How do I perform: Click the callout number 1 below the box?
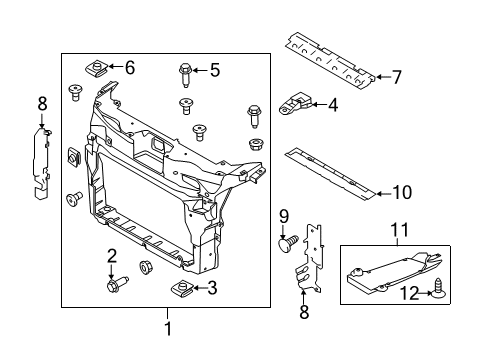click(168, 328)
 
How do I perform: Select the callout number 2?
click(113, 255)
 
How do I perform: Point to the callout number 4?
click(332, 104)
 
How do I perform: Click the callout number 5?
click(214, 69)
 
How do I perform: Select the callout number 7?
click(396, 76)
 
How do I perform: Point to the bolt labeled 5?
click(186, 71)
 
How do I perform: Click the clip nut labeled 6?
click(97, 68)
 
